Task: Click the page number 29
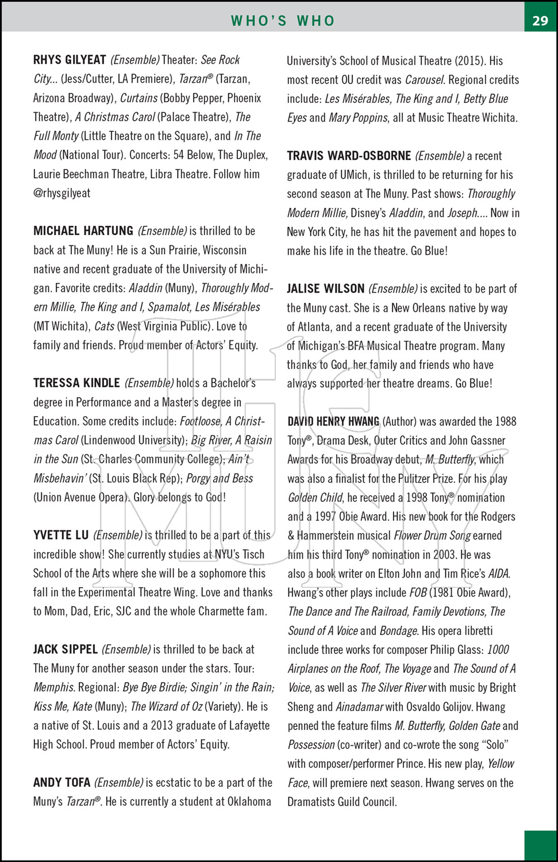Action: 540,21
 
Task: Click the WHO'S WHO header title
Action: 283,21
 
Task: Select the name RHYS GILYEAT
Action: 70,60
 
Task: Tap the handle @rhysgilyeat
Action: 62,193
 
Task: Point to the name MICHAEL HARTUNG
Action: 83,231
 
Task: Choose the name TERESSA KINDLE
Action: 76,383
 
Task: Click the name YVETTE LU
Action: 61,536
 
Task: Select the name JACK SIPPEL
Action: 66,649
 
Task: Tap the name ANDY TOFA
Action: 61,783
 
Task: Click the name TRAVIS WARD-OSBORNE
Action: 349,156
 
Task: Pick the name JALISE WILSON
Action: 326,288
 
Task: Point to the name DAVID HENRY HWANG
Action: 333,422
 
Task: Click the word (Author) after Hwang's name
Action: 399,422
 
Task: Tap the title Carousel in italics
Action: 424,80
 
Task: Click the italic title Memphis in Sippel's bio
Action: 54,687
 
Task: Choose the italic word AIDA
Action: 498,574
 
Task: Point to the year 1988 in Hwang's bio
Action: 505,422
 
